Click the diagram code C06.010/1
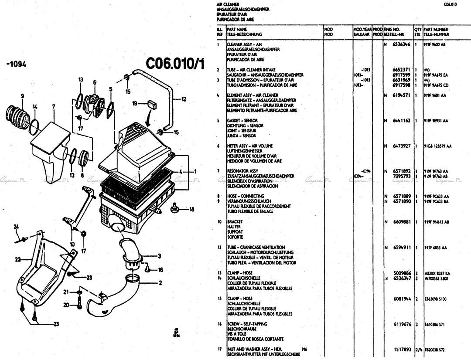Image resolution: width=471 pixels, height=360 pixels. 175,64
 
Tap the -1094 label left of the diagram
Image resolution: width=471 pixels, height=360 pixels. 17,64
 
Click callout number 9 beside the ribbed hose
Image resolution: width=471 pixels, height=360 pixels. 22,96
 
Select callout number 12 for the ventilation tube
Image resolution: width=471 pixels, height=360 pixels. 184,99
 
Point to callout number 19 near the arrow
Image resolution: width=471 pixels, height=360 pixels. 135,104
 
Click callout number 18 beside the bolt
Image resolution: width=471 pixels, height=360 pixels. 192,210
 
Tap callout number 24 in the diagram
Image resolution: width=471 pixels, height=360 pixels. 16,227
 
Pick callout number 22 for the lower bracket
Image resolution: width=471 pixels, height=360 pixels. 17,260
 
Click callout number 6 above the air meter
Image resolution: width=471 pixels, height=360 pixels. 94,82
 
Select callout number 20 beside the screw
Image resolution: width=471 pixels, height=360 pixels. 66,305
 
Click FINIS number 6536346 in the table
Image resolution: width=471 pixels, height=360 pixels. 401,44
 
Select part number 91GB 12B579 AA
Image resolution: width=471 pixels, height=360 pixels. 437,146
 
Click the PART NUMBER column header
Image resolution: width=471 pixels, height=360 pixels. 436,29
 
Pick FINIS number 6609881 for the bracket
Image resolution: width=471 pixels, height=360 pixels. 401,222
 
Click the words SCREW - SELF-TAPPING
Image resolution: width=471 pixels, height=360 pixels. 247,324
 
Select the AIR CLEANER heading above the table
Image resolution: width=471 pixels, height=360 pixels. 225,4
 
